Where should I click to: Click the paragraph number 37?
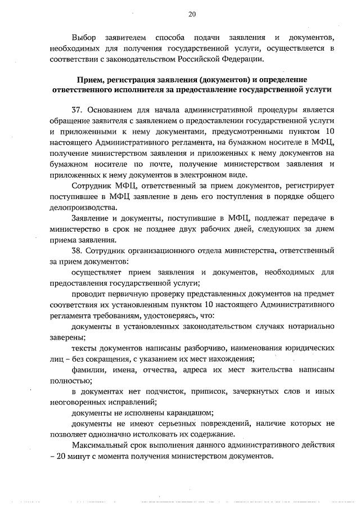tap(78, 111)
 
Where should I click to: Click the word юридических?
tap(307, 348)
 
